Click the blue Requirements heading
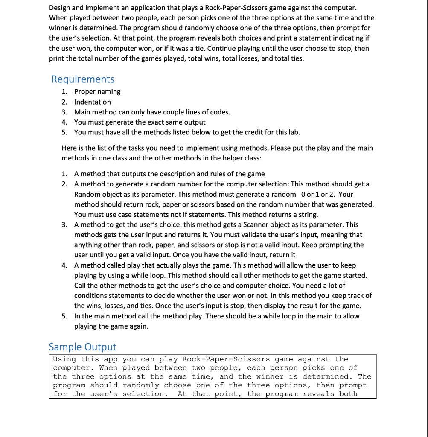[x=83, y=79]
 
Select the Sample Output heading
[x=82, y=347]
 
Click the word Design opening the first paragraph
[x=60, y=8]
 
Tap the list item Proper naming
[x=97, y=92]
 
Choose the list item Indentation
[x=93, y=102]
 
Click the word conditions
[x=91, y=295]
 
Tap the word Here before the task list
[x=69, y=148]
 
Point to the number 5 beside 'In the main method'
[x=64, y=316]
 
